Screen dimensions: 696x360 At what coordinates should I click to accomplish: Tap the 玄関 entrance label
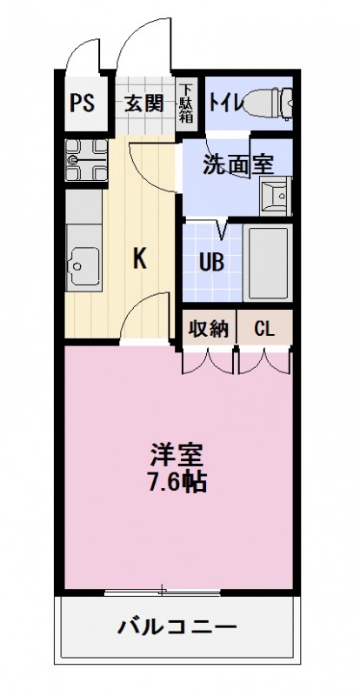[x=143, y=103]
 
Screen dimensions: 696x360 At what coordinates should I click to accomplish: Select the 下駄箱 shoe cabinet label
[x=187, y=104]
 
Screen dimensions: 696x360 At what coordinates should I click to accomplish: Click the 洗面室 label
[x=234, y=165]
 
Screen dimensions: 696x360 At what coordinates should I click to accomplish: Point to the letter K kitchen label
[x=138, y=258]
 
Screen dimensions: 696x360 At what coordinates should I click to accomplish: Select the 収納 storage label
[x=209, y=329]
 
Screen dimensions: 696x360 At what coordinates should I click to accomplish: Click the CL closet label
[x=264, y=329]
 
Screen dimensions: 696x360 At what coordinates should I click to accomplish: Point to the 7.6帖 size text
[x=177, y=481]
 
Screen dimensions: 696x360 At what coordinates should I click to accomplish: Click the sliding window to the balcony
[x=163, y=593]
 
